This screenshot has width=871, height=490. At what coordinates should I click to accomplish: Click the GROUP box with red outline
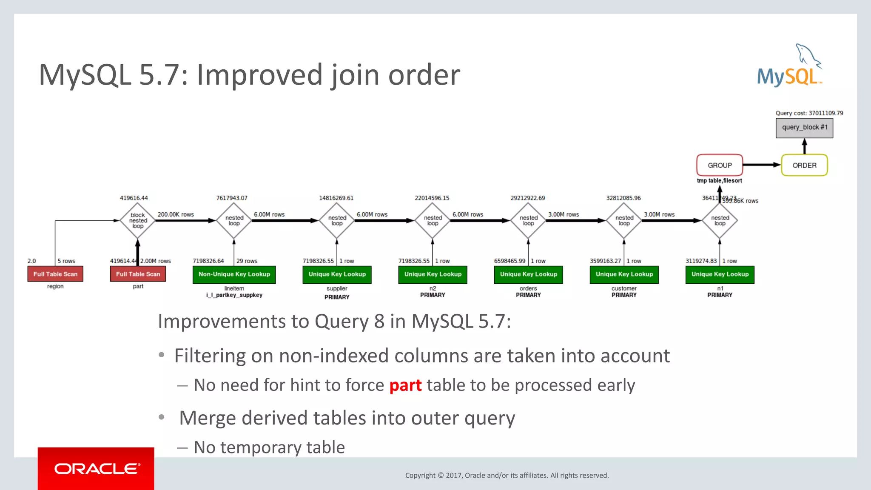pos(719,165)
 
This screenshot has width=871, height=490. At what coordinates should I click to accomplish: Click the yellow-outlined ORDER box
pos(804,165)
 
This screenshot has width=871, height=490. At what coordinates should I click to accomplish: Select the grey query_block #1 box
pos(804,128)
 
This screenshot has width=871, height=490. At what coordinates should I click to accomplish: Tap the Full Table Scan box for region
pos(55,274)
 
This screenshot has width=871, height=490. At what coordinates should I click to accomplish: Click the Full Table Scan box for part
pos(138,274)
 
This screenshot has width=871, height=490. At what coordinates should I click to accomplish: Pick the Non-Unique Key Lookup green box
pos(234,274)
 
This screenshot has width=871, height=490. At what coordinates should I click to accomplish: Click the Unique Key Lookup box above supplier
pos(337,274)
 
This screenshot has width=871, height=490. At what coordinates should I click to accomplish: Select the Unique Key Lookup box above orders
pos(528,274)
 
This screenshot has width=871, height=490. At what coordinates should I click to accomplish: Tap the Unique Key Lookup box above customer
pos(624,274)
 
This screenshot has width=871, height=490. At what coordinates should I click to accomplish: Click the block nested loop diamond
pos(137,220)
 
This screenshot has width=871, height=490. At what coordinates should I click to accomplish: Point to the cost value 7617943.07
pos(231,198)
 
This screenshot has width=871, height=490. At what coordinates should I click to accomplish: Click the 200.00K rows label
pos(176,214)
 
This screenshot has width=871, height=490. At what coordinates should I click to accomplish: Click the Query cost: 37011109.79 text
pos(809,113)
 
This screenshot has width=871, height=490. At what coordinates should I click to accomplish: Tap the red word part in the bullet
pos(405,385)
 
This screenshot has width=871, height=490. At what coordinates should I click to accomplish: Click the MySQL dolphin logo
pos(790,66)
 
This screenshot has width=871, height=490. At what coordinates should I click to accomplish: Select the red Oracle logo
pos(96,468)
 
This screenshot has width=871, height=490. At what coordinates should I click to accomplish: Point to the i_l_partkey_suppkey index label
pos(234,295)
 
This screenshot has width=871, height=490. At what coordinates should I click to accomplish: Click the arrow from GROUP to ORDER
pos(761,165)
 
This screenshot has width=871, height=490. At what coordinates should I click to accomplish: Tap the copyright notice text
pos(507,476)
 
